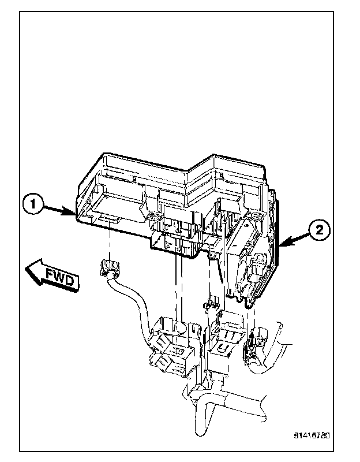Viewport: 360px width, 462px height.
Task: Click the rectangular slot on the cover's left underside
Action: pos(108,220)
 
